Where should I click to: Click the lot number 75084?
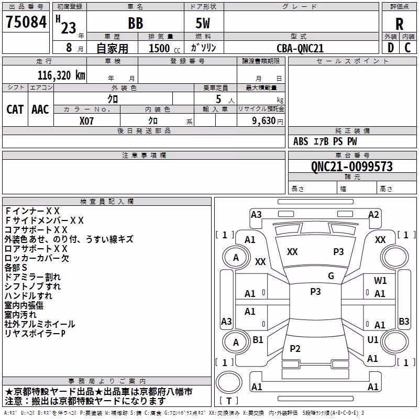coord(26,22)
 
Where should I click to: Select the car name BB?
coord(136,23)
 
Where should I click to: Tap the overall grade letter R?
coord(399,24)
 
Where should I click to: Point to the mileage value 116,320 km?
coord(61,75)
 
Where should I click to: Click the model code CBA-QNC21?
coord(300,48)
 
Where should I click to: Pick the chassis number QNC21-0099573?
coord(352,167)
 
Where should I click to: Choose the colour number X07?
coord(86,121)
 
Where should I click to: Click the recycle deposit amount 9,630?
coord(264,121)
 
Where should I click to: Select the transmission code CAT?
coord(15,109)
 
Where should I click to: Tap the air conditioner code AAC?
coord(40,109)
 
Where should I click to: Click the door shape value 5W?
coord(203,23)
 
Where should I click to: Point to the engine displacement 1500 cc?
coord(164,48)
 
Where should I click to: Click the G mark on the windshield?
coord(331,276)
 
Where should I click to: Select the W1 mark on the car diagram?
coord(380,281)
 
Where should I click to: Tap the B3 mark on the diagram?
coord(404,321)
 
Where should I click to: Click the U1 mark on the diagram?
coord(373,339)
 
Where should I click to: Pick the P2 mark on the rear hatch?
coord(295,348)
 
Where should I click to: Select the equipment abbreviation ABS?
coord(301,141)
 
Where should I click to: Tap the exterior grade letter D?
coord(391,48)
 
